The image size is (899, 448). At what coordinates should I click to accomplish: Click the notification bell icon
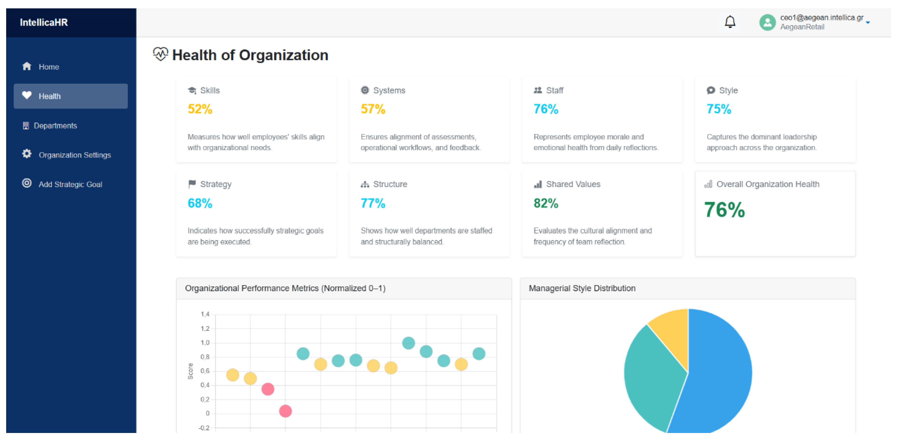point(730,22)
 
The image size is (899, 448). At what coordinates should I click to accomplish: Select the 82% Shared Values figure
point(546,203)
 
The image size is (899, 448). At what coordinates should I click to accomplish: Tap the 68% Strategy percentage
point(200,203)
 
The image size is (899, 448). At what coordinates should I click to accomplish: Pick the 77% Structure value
point(373,203)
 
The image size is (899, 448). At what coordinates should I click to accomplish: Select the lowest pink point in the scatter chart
point(285,411)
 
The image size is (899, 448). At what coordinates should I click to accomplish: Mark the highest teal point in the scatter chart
point(408,343)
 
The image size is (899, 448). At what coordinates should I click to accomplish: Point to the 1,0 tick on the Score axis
point(205,343)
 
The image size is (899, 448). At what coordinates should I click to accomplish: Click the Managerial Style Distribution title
point(582,288)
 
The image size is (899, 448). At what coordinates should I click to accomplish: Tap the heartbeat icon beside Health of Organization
point(161,54)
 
